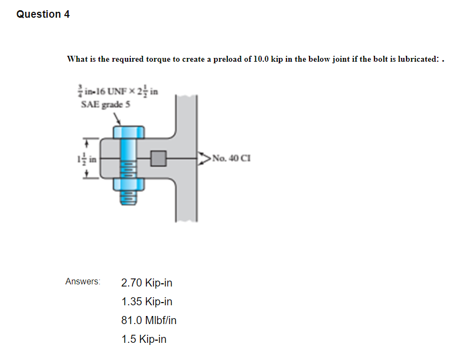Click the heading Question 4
[43, 14]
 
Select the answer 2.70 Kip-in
[146, 283]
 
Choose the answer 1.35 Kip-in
[146, 302]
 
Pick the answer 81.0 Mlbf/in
[149, 321]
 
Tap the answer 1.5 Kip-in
[144, 340]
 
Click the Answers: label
[83, 282]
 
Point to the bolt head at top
[128, 132]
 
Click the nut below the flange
[128, 185]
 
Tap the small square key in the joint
[158, 158]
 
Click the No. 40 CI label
[231, 158]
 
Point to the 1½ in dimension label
[88, 159]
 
